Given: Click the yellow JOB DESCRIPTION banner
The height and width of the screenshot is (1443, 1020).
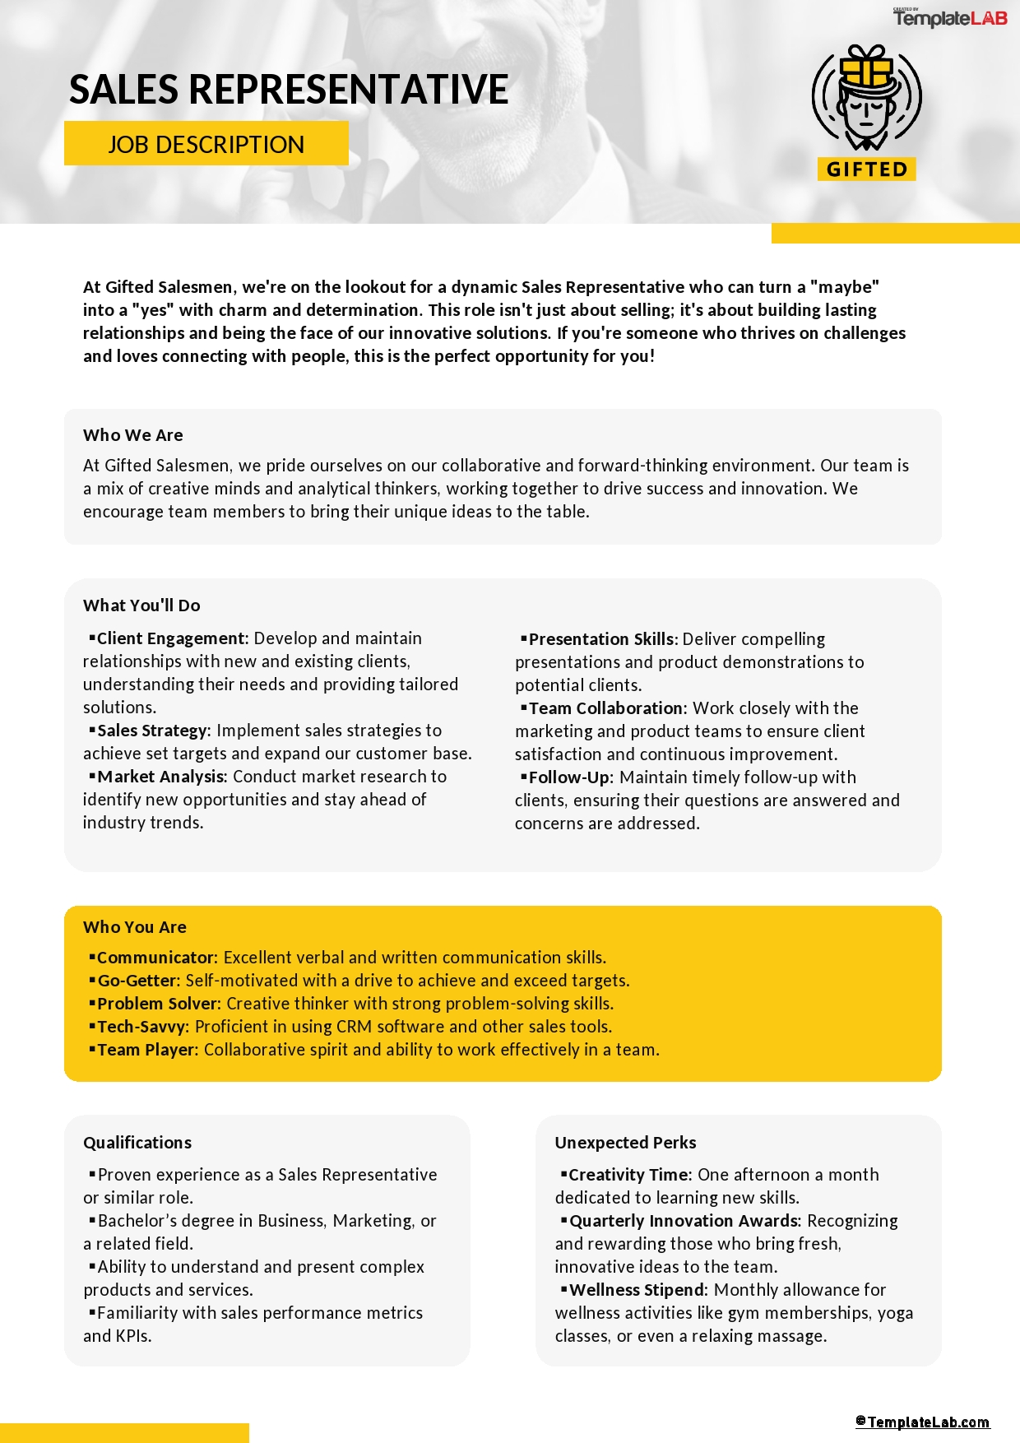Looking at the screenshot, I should (206, 144).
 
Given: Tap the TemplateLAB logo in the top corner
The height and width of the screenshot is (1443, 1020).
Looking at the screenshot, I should (950, 17).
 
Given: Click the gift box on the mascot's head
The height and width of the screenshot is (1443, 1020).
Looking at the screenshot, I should (867, 65).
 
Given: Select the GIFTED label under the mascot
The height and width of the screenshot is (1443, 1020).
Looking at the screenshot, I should (866, 169).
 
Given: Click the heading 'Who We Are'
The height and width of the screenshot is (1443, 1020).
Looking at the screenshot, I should (133, 435).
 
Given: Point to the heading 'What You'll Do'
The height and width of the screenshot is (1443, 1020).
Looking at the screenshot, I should (141, 606).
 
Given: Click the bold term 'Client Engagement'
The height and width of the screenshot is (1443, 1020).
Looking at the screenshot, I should (171, 638).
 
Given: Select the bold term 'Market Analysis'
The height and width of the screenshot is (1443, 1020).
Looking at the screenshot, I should (160, 777).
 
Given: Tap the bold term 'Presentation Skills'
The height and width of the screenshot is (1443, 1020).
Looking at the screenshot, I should (600, 639).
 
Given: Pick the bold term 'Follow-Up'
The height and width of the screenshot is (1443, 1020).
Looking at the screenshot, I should (569, 777).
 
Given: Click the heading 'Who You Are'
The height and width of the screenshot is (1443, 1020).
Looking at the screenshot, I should (135, 927).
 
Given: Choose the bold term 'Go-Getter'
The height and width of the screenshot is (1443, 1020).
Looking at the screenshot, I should (137, 981).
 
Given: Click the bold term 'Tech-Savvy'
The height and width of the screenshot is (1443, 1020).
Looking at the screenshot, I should (142, 1027).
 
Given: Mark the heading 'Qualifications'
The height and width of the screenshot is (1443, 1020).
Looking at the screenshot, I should (137, 1143).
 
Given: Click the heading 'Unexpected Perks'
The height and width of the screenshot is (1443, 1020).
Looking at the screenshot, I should (625, 1143).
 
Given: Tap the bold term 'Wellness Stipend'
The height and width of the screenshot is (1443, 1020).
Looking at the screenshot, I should (637, 1290).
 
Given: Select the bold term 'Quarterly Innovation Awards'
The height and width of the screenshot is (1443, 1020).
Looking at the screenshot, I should (684, 1221).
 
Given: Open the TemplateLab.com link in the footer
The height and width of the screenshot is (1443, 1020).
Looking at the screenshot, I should (923, 1422).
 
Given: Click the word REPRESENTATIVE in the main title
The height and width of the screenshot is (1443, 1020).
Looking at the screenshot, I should (349, 90).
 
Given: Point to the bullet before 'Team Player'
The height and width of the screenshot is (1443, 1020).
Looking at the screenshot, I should (92, 1049).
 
